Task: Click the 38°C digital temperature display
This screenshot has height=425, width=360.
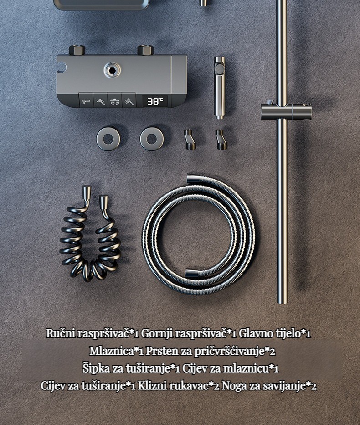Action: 155,101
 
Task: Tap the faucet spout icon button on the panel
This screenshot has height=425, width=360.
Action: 86,101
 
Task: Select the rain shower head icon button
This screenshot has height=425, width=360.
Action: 114,101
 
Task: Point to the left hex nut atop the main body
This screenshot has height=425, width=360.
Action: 77,50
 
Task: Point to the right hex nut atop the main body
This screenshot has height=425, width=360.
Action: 146,50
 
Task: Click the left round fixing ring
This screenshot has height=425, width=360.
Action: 108,139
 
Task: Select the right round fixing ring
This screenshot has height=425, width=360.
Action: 152,139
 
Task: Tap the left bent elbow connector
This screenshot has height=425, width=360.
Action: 189,140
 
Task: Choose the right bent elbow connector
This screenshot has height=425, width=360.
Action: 221,140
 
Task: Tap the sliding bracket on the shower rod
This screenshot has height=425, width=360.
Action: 286,112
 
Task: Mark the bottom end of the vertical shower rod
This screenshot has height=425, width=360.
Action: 282,302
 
